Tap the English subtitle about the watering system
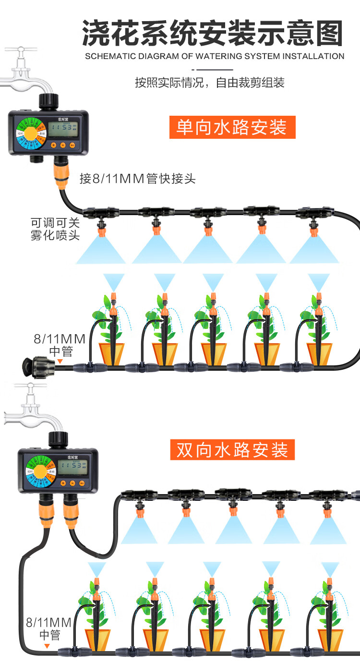[215, 56]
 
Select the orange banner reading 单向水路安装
[232, 127]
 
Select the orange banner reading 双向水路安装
[232, 450]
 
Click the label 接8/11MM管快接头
[138, 179]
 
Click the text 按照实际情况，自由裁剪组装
[210, 83]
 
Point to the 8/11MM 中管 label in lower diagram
[49, 629]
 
